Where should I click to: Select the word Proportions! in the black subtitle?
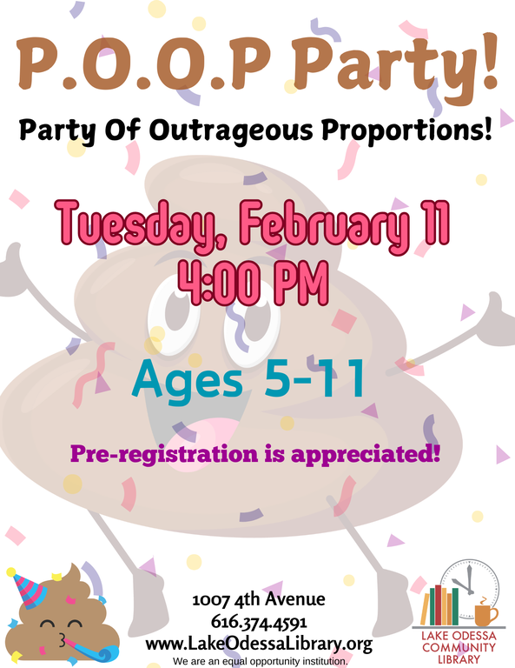(x=407, y=130)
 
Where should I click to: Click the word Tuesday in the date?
(x=140, y=224)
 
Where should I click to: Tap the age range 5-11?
(x=314, y=378)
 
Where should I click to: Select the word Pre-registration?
(x=164, y=453)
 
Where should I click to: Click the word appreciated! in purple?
(x=366, y=453)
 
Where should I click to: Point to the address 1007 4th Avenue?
(x=259, y=600)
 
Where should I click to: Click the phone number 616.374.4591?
(x=259, y=622)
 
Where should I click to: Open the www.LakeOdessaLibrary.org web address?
(x=259, y=644)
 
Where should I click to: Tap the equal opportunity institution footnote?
(x=261, y=662)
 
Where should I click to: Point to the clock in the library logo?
(x=470, y=589)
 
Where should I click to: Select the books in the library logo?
(x=439, y=605)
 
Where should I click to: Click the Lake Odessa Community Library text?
(x=459, y=647)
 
